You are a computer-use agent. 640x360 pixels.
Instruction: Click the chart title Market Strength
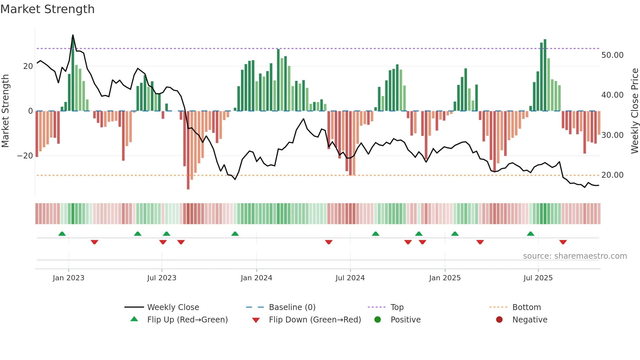coord(47,9)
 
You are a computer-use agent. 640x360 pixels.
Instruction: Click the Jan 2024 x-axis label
coord(256,278)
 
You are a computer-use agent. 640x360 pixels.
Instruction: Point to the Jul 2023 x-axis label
coord(162,278)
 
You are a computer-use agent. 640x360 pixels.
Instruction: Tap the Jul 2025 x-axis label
coord(538,278)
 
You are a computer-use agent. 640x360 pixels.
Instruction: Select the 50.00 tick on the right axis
coord(612,55)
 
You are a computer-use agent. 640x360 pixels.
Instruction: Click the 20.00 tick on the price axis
coord(612,175)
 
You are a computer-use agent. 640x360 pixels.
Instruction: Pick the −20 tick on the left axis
coord(25,156)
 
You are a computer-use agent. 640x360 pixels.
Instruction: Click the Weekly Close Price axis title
coord(634,111)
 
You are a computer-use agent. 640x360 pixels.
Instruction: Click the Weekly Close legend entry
coord(173,307)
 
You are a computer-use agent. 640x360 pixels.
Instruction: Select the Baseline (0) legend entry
coord(292,307)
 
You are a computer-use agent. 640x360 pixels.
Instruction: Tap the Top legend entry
coord(397,307)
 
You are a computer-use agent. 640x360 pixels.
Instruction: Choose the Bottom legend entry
coord(526,307)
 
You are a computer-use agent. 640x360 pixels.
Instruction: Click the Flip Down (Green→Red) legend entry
coord(315,320)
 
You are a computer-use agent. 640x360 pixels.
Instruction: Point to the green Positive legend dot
coord(378,319)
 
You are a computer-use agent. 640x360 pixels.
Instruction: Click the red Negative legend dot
coord(499,319)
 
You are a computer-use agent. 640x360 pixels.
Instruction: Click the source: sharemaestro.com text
coord(575,256)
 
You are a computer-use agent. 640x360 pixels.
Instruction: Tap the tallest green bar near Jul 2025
coord(545,75)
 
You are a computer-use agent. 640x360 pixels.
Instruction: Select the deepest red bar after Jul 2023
coord(188,150)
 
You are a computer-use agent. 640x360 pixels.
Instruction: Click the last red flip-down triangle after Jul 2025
coord(563,242)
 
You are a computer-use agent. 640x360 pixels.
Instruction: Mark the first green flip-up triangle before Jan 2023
coord(62,234)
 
